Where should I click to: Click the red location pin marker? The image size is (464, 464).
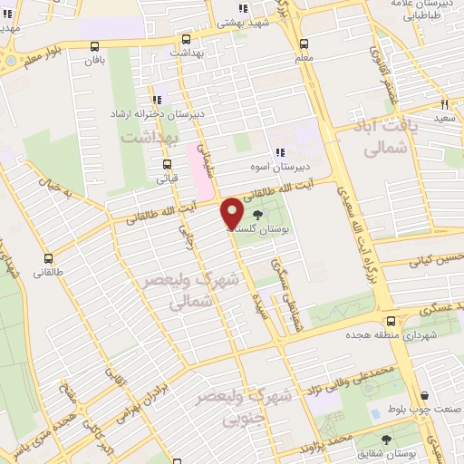point(233,213)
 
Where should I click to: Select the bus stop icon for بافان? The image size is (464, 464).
point(95,45)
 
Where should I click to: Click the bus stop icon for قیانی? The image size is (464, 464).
point(167,164)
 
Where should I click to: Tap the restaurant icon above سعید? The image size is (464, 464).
point(444,103)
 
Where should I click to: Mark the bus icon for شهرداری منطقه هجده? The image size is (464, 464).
point(391,320)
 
